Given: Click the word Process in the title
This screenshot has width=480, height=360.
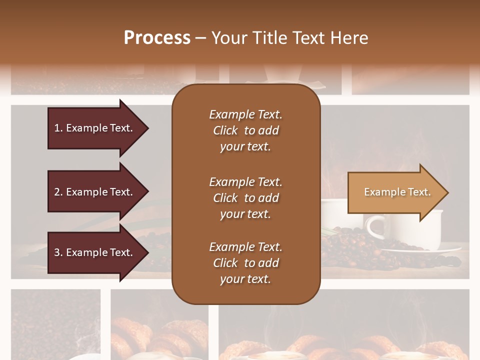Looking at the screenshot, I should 157,38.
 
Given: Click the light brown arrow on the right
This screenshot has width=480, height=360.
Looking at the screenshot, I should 395,192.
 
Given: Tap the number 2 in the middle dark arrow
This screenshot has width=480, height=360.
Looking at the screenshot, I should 57,192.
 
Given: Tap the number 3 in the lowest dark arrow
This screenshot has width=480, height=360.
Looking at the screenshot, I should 57,252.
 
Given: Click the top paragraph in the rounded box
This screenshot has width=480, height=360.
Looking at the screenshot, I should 245,130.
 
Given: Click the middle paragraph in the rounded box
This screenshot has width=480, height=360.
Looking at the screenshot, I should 245,198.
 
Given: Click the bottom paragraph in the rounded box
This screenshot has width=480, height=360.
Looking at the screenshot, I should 245,263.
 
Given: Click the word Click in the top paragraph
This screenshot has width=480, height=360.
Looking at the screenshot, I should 225,130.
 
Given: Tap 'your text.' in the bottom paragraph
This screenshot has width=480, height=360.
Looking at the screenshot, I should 245,279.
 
